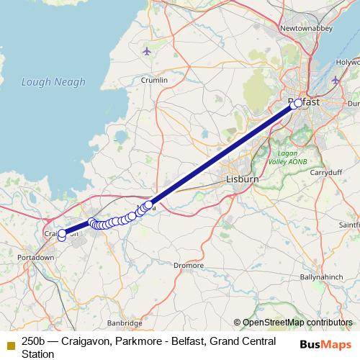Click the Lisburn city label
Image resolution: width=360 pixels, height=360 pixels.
point(237,179)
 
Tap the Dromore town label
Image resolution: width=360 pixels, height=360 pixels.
point(189,265)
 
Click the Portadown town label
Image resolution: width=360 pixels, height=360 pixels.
point(36,257)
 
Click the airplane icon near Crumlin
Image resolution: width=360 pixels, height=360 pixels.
point(148,51)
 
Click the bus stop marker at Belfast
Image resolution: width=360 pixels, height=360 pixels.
point(297,103)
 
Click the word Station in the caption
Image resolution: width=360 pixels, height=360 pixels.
point(38,354)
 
